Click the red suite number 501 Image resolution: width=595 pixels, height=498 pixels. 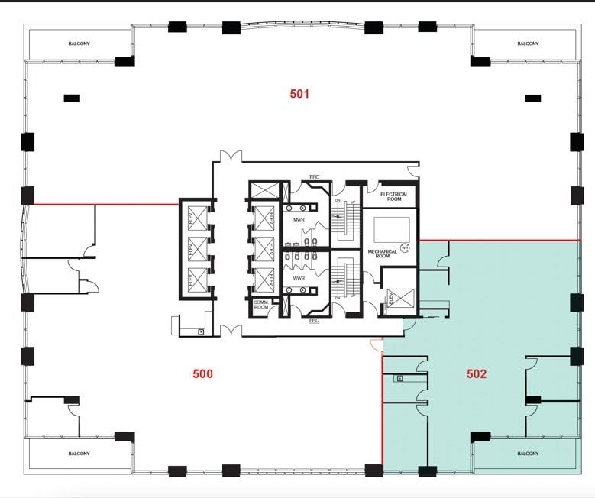[x=299, y=94]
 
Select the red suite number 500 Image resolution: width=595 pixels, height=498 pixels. [x=202, y=373]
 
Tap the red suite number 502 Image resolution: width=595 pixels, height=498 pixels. [x=477, y=374]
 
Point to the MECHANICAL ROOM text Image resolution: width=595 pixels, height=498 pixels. [x=383, y=253]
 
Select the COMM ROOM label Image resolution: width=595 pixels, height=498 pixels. [x=260, y=304]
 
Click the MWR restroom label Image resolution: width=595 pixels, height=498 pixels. [x=299, y=220]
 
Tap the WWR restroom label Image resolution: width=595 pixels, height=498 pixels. [x=299, y=278]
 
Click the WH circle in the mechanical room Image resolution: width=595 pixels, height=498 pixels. [x=406, y=247]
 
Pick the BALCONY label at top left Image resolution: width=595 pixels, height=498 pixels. [x=79, y=44]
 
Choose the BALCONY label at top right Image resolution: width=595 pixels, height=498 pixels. [x=528, y=44]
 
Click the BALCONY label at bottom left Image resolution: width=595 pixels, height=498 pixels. [x=78, y=454]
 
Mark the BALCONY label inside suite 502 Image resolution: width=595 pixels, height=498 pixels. [x=528, y=454]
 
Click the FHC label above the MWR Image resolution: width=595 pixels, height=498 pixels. [x=314, y=177]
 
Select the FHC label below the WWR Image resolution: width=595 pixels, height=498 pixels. [x=314, y=321]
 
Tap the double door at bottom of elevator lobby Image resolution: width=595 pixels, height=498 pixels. [x=231, y=331]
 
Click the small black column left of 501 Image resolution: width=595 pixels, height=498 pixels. [x=72, y=98]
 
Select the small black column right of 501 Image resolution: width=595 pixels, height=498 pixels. [x=533, y=98]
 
